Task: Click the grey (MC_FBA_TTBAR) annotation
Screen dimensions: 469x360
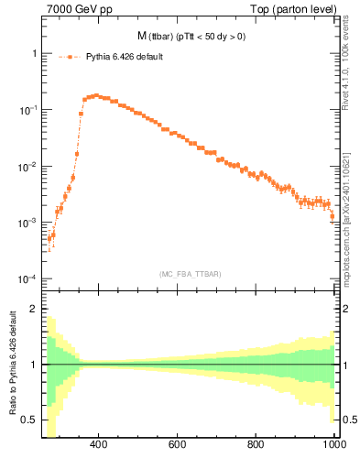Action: tap(190, 273)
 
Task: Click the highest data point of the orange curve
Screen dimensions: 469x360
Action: tap(95, 94)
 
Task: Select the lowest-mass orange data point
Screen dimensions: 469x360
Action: tap(49, 239)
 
